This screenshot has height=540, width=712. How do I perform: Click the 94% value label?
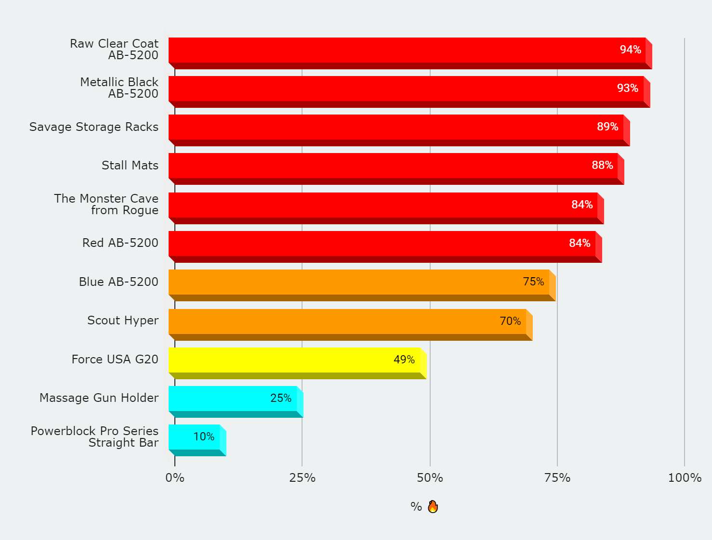(x=630, y=50)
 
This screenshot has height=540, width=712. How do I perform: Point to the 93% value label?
(x=627, y=89)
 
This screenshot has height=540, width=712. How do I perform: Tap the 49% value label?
(x=404, y=360)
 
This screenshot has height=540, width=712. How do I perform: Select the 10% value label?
(x=204, y=437)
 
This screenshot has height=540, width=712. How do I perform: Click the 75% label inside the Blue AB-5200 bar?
(x=533, y=282)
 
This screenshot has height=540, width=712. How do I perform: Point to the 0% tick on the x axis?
(x=175, y=478)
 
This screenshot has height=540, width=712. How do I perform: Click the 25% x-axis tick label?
(x=302, y=478)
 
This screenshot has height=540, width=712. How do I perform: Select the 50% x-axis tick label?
(x=430, y=478)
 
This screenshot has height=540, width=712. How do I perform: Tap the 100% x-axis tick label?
(x=684, y=478)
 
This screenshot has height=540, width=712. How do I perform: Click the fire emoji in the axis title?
(x=433, y=506)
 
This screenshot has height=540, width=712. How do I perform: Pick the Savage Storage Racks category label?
(x=94, y=127)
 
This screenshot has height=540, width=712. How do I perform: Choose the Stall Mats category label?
(x=130, y=166)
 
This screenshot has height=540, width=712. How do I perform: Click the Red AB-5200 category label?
(x=120, y=243)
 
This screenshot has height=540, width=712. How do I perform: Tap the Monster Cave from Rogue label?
(x=106, y=205)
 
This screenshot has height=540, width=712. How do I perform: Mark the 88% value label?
(x=602, y=166)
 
